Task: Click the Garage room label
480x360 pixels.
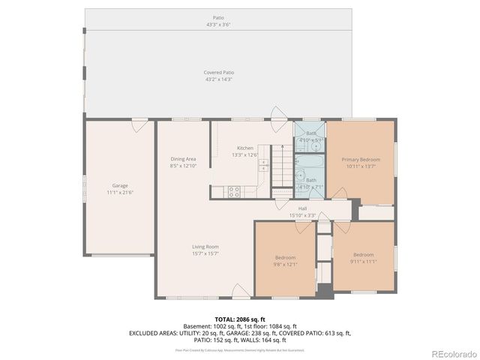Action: point(120,184)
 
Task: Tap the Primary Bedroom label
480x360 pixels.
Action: point(361,160)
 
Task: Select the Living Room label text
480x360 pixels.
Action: point(205,247)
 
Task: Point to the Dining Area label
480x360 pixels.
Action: point(183,159)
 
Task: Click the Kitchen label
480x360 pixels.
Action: point(245,148)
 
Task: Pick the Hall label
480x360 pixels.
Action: point(302,208)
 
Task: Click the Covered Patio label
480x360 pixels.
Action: point(218,73)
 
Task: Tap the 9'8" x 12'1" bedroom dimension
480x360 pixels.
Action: point(286,264)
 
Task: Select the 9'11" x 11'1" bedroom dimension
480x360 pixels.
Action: point(363,261)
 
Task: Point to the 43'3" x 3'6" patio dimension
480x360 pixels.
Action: point(218,25)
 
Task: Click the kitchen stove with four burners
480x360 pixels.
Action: point(233,191)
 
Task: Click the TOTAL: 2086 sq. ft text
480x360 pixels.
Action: point(240,319)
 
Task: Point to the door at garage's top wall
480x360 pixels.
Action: point(139,125)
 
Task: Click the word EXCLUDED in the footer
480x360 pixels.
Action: point(147,333)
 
